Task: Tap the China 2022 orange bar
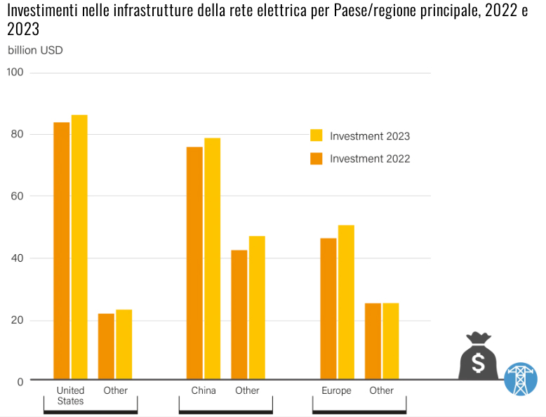[194, 263]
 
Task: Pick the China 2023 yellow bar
[212, 259]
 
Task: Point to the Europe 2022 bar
[328, 309]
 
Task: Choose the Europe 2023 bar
[346, 303]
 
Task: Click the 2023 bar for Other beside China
[257, 308]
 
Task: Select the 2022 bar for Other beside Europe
[373, 341]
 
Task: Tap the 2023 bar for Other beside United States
[124, 345]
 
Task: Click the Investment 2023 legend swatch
[317, 135]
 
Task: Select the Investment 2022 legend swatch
[317, 159]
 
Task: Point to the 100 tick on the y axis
[15, 72]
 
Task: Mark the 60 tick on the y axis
[15, 196]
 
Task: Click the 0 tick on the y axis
[20, 382]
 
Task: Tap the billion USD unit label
[35, 51]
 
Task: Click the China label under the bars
[204, 390]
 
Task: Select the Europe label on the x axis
[336, 390]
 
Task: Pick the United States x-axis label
[70, 395]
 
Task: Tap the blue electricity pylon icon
[520, 378]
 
